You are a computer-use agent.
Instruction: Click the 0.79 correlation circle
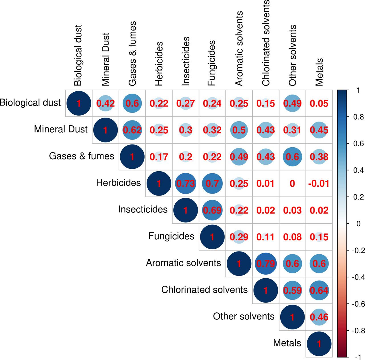coord(265,264)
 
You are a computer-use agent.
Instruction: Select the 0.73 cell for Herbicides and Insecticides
coord(185,183)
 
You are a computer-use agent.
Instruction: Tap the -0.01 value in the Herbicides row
coord(319,183)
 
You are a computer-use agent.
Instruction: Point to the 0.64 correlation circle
coord(319,290)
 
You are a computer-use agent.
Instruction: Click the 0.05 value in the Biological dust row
coord(319,103)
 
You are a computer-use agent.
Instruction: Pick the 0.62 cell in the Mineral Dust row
coord(132,130)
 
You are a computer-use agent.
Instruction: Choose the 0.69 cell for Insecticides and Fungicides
coord(212,210)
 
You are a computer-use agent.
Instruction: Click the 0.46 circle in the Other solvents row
coord(319,317)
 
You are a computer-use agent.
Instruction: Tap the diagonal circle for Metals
coord(319,344)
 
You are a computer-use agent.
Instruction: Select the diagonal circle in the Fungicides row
coord(212,237)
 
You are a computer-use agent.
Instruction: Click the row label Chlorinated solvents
coord(204,290)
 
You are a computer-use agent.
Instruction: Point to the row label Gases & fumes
coord(82,156)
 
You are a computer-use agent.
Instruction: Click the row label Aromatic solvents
coord(183,263)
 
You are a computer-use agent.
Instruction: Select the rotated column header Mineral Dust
coord(106,59)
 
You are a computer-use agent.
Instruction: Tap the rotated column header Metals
coord(319,72)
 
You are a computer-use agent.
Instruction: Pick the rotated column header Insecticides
coord(185,61)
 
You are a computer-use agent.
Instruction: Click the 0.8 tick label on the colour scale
coord(358,117)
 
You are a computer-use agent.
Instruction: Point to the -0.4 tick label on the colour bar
coord(358,277)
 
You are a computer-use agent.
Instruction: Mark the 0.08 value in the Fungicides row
coord(292,237)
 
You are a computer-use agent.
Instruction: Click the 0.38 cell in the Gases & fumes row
coord(319,157)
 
